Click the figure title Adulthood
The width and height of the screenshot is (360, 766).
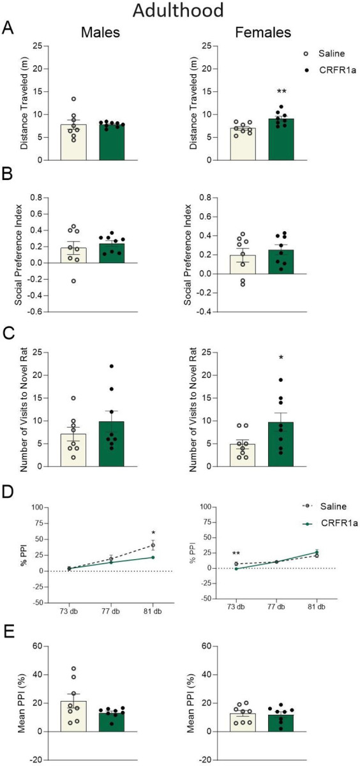click(178, 10)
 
